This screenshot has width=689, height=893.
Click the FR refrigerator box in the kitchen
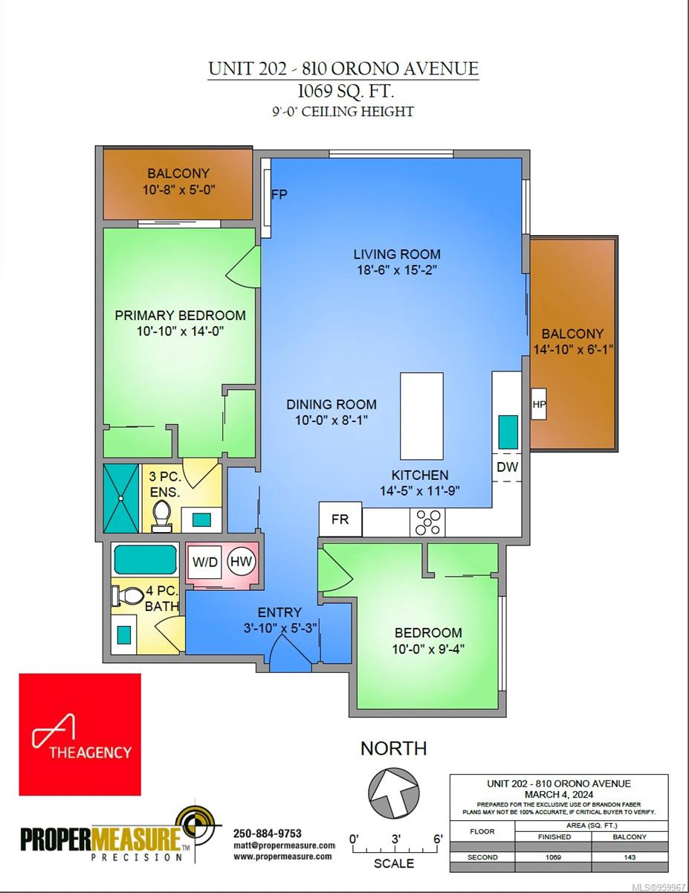(340, 519)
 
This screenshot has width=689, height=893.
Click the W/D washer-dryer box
(205, 562)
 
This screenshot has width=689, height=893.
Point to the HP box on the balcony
(539, 404)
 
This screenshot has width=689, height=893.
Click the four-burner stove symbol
(428, 522)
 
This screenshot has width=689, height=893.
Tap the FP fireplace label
(279, 195)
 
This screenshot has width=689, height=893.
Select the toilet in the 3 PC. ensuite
(162, 516)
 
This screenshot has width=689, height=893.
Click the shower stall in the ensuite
(120, 498)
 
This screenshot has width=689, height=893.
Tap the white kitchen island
(421, 416)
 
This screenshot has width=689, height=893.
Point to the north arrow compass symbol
(393, 794)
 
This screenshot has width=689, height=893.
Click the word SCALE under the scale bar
(394, 863)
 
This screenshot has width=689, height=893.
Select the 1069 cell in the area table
(554, 857)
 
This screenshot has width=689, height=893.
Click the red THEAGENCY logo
(80, 734)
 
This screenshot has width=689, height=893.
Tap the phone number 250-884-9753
(268, 833)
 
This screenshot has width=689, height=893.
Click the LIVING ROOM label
(397, 255)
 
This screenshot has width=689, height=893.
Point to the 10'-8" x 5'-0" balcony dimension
(178, 189)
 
